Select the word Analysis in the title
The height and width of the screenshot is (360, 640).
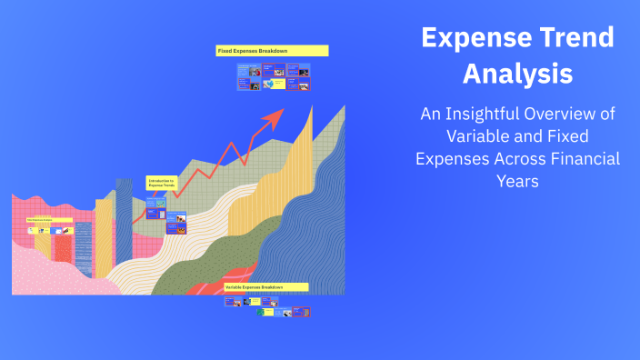[x=517, y=73]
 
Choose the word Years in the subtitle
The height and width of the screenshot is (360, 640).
[x=518, y=180]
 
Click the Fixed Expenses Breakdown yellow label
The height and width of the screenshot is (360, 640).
[x=272, y=51]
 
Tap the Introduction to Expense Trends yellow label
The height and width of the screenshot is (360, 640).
[x=160, y=183]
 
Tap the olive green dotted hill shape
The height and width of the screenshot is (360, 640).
[x=227, y=255]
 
